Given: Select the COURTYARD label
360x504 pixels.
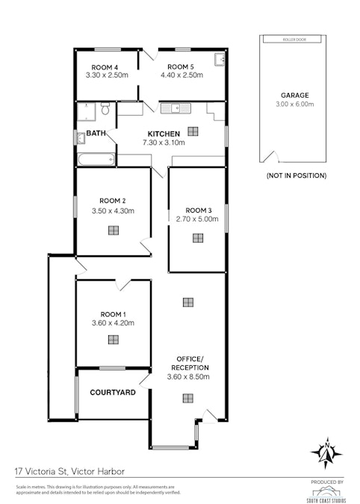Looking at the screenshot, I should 112,392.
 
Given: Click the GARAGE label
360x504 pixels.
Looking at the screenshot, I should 295,96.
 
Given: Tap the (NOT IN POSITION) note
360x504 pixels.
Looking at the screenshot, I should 296,175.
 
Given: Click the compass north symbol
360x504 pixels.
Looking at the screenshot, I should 326,452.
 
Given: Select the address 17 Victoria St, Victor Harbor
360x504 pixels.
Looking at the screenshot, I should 70,472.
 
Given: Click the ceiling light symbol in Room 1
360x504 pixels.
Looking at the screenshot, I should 113,339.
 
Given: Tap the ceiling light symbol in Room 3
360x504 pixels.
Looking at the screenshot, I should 197,239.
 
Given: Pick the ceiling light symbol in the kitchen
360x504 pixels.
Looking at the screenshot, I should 193,131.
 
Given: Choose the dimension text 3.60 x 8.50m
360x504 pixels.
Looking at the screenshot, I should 187,377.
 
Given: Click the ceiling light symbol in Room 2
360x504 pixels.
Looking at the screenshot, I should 113,230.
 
